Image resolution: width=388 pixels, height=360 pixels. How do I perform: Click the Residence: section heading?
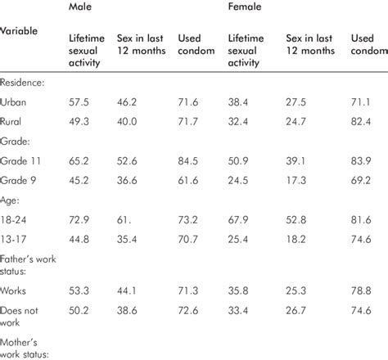pos(24,84)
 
